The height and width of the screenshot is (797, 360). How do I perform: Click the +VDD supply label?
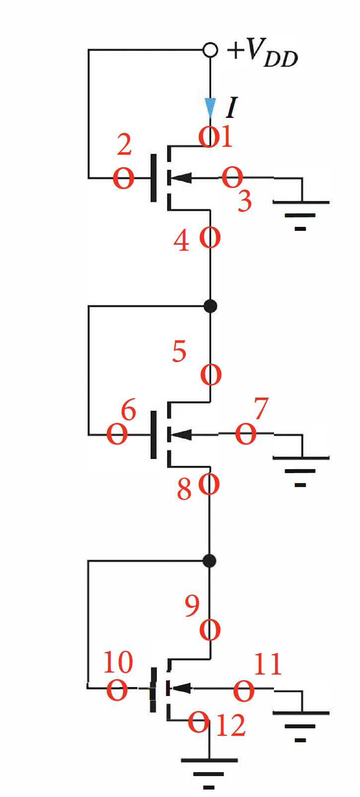click(263, 53)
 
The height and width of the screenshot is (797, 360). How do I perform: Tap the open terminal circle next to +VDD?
click(210, 50)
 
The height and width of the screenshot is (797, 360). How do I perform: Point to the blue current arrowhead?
click(211, 107)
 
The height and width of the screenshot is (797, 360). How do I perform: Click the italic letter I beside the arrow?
click(231, 107)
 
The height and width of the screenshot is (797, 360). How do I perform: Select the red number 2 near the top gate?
click(124, 144)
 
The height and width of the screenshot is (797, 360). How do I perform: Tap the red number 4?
click(181, 241)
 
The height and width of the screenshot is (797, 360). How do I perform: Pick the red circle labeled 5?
click(211, 375)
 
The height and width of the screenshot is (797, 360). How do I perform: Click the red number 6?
click(128, 410)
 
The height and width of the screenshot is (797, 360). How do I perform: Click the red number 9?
click(192, 605)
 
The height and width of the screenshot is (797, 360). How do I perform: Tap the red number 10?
click(118, 662)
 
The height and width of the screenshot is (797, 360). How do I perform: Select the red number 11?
click(268, 664)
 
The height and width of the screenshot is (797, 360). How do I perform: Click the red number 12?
click(231, 725)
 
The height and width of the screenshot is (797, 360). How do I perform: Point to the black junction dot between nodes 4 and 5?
click(210, 305)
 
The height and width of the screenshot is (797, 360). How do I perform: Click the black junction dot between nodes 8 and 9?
click(210, 561)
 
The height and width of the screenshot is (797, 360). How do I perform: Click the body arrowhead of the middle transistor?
click(182, 434)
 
